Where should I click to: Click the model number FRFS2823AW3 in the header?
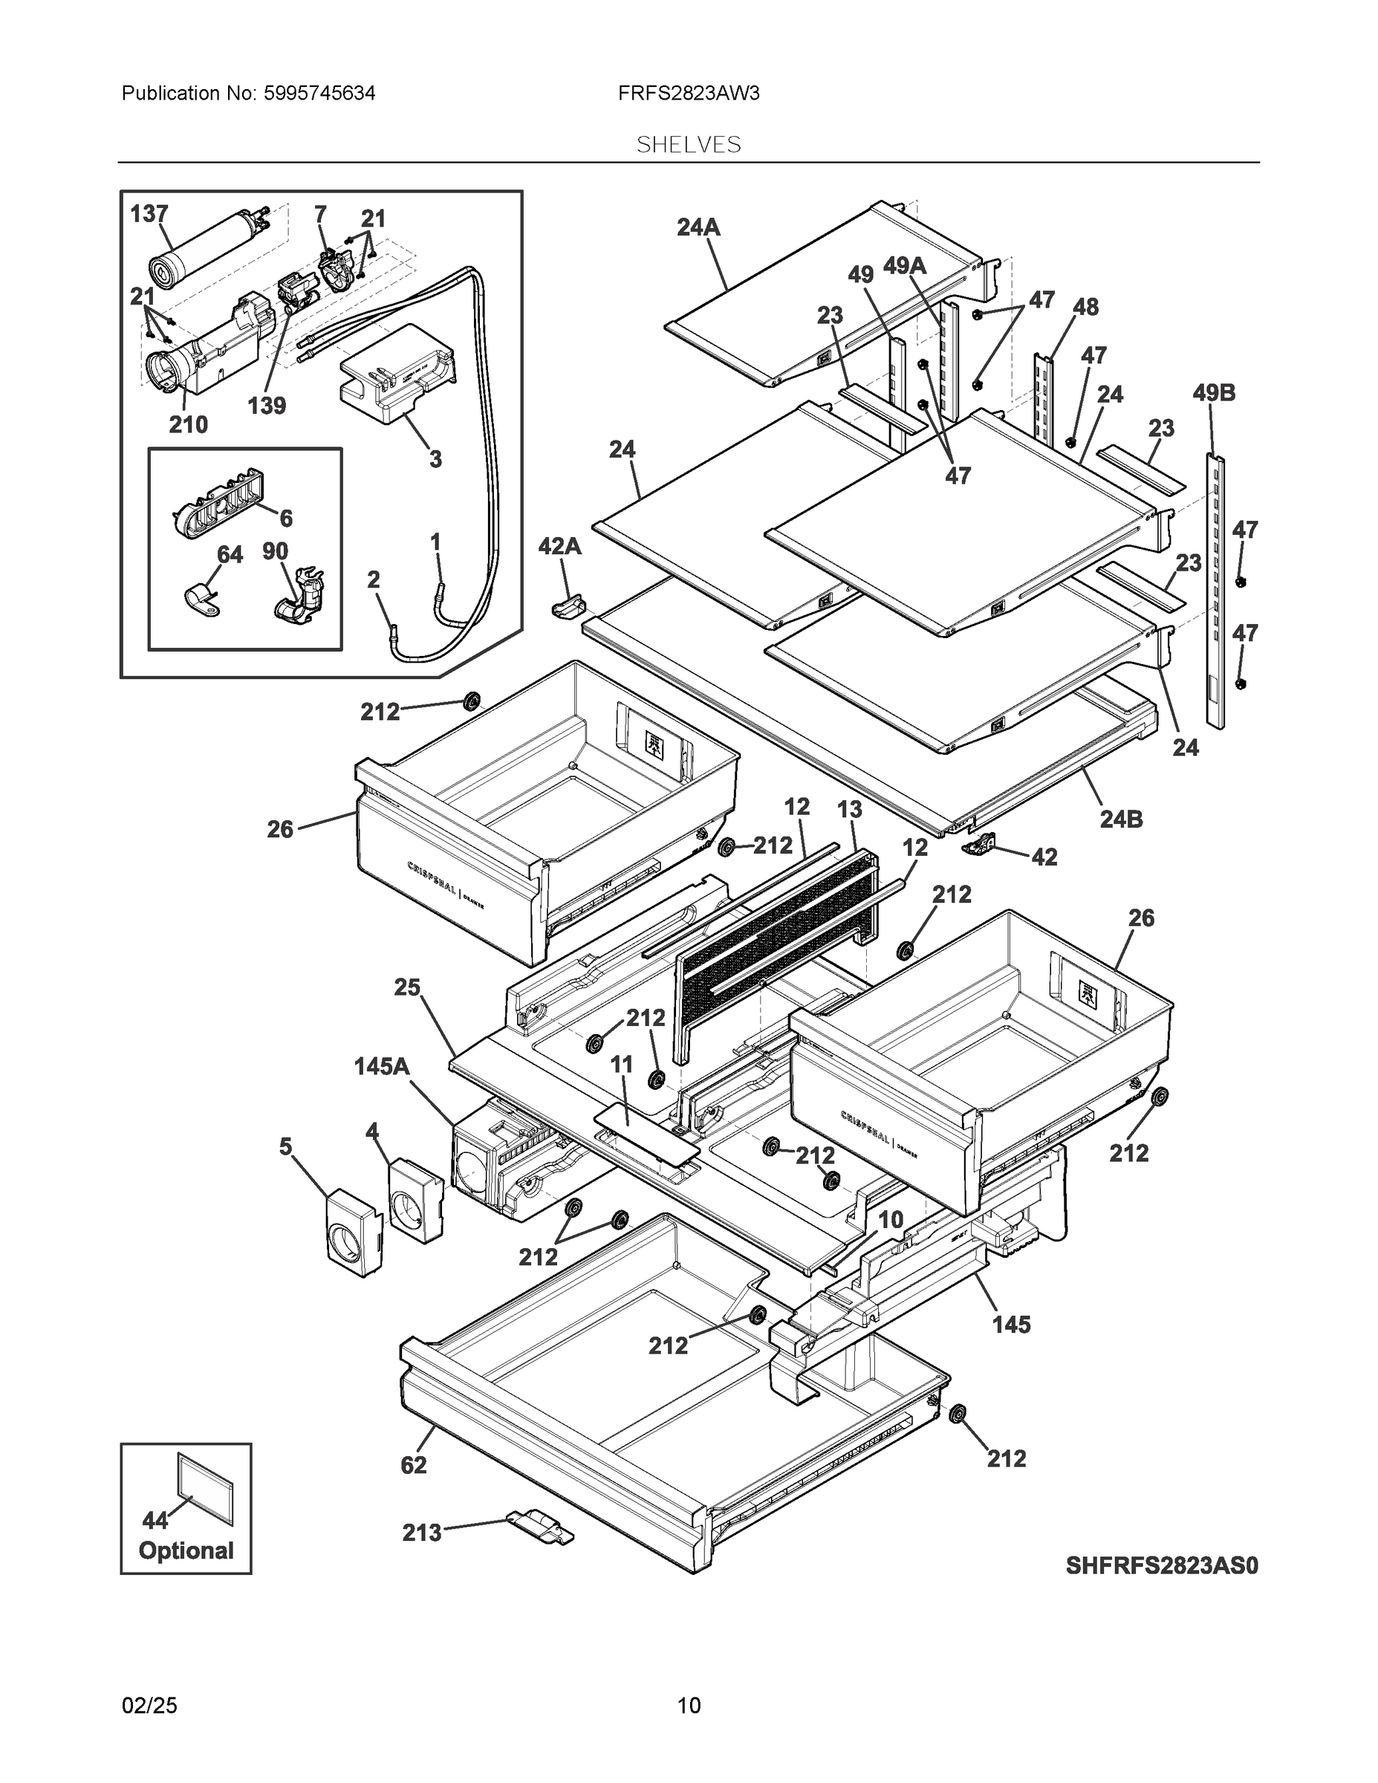(688, 94)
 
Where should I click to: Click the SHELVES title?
(688, 146)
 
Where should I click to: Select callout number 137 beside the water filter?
(149, 214)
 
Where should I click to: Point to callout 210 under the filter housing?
(188, 424)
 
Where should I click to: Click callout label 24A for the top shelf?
(698, 228)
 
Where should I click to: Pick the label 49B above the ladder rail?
(1213, 394)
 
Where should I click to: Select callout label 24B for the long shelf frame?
(1121, 819)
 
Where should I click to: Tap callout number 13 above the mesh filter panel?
(849, 810)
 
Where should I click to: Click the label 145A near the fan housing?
(381, 1066)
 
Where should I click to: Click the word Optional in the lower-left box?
(186, 1551)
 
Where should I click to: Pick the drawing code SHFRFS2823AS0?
(1161, 1566)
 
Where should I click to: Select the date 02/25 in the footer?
(149, 1706)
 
